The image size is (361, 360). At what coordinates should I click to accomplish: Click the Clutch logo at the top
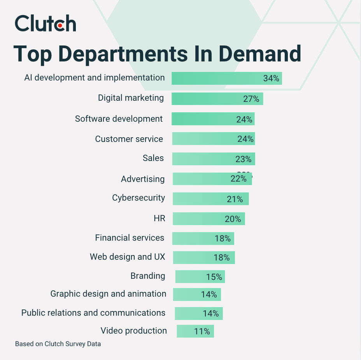[x=45, y=24]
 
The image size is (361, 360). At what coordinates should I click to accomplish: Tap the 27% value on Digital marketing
[x=251, y=99]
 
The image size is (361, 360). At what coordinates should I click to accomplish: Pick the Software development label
[x=119, y=119]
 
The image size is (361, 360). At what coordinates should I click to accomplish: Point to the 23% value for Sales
[x=243, y=159]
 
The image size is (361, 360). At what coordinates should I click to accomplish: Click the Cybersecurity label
[x=138, y=198]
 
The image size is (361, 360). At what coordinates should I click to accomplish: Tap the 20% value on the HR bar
[x=233, y=219]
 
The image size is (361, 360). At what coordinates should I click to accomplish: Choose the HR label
[x=159, y=218]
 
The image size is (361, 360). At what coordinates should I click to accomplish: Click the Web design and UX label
[x=128, y=257]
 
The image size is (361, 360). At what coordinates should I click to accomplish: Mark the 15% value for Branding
[x=214, y=277]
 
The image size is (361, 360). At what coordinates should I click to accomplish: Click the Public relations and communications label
[x=93, y=313]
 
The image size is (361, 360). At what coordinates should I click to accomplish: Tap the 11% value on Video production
[x=202, y=332]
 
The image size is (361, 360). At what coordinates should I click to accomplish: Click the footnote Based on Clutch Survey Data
[x=58, y=344]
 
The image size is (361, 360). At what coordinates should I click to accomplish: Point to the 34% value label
[x=271, y=78]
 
